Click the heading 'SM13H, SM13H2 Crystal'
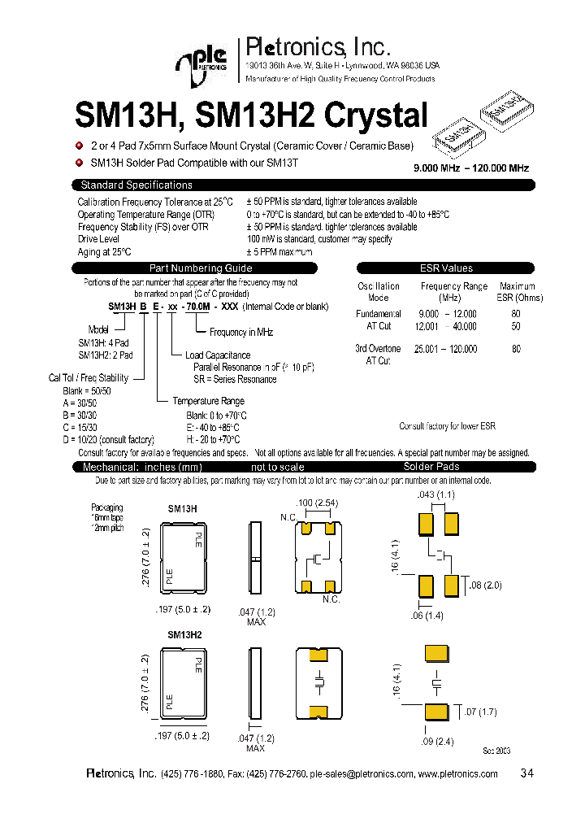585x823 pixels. pyautogui.click(x=251, y=116)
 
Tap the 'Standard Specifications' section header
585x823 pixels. pyautogui.click(x=136, y=185)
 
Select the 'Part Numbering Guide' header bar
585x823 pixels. pyautogui.click(x=201, y=268)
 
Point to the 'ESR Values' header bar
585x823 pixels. pyautogui.click(x=445, y=268)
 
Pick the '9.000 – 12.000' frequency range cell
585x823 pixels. pyautogui.click(x=447, y=314)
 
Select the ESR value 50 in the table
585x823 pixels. pyautogui.click(x=516, y=326)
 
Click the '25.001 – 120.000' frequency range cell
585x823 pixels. pyautogui.click(x=446, y=349)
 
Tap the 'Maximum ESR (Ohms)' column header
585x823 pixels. pyautogui.click(x=517, y=292)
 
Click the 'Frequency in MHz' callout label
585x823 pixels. pyautogui.click(x=241, y=333)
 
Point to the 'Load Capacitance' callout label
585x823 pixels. pyautogui.click(x=218, y=355)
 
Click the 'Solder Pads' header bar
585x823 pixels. pyautogui.click(x=431, y=467)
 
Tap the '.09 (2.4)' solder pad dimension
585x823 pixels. pyautogui.click(x=435, y=741)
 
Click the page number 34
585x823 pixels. pyautogui.click(x=526, y=773)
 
